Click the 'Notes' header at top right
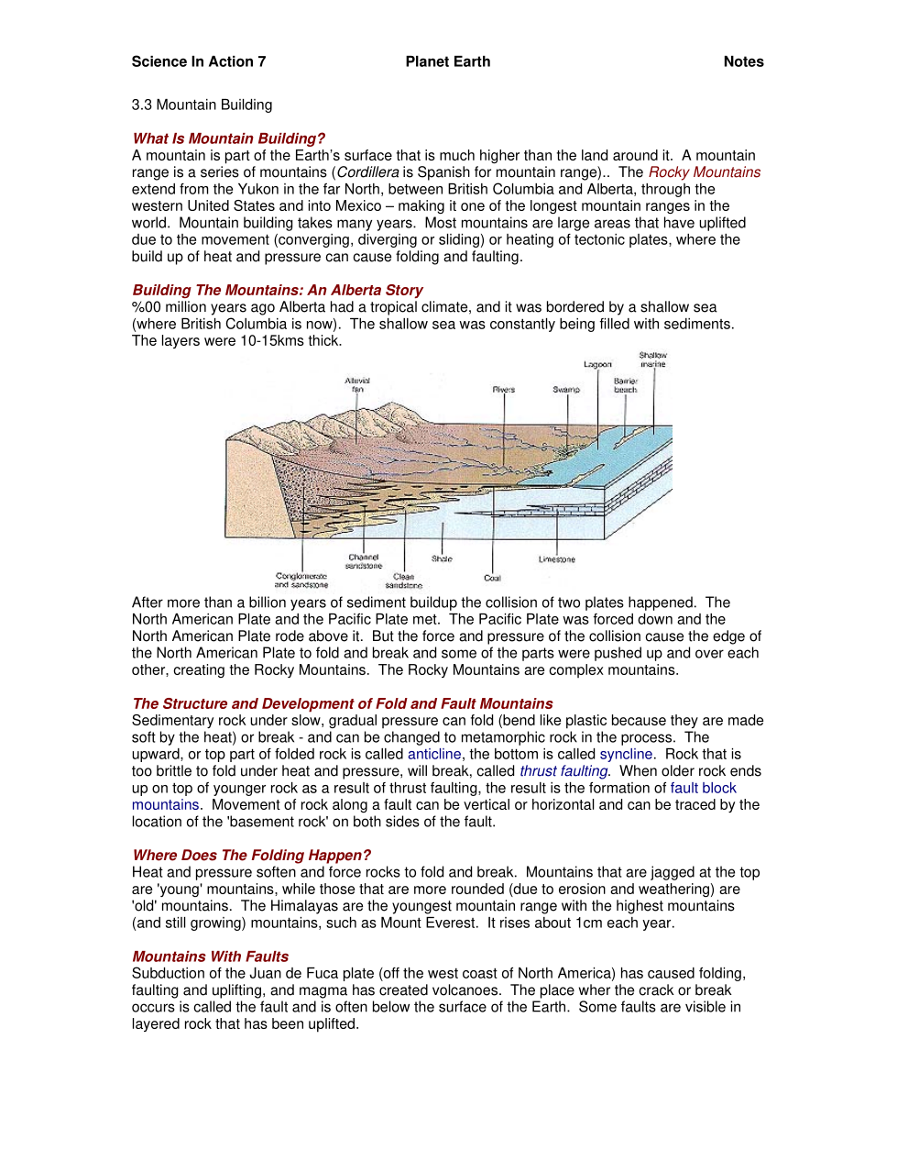[743, 61]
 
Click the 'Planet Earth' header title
[447, 61]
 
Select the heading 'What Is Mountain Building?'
[228, 138]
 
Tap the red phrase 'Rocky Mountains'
[704, 172]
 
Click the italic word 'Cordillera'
[367, 172]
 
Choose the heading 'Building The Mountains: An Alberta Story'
[278, 290]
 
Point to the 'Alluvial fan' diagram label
[357, 384]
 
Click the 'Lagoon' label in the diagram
[597, 364]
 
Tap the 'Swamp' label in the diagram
[566, 389]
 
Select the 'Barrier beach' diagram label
[626, 385]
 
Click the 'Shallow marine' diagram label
[653, 359]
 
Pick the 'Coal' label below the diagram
[492, 578]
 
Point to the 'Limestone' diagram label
[556, 558]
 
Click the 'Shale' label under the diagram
[442, 558]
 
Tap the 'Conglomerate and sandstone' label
[301, 580]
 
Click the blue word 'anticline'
[434, 754]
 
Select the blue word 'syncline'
[626, 754]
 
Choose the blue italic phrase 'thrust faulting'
[563, 771]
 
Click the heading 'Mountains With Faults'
[210, 956]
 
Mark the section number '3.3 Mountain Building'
[202, 105]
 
